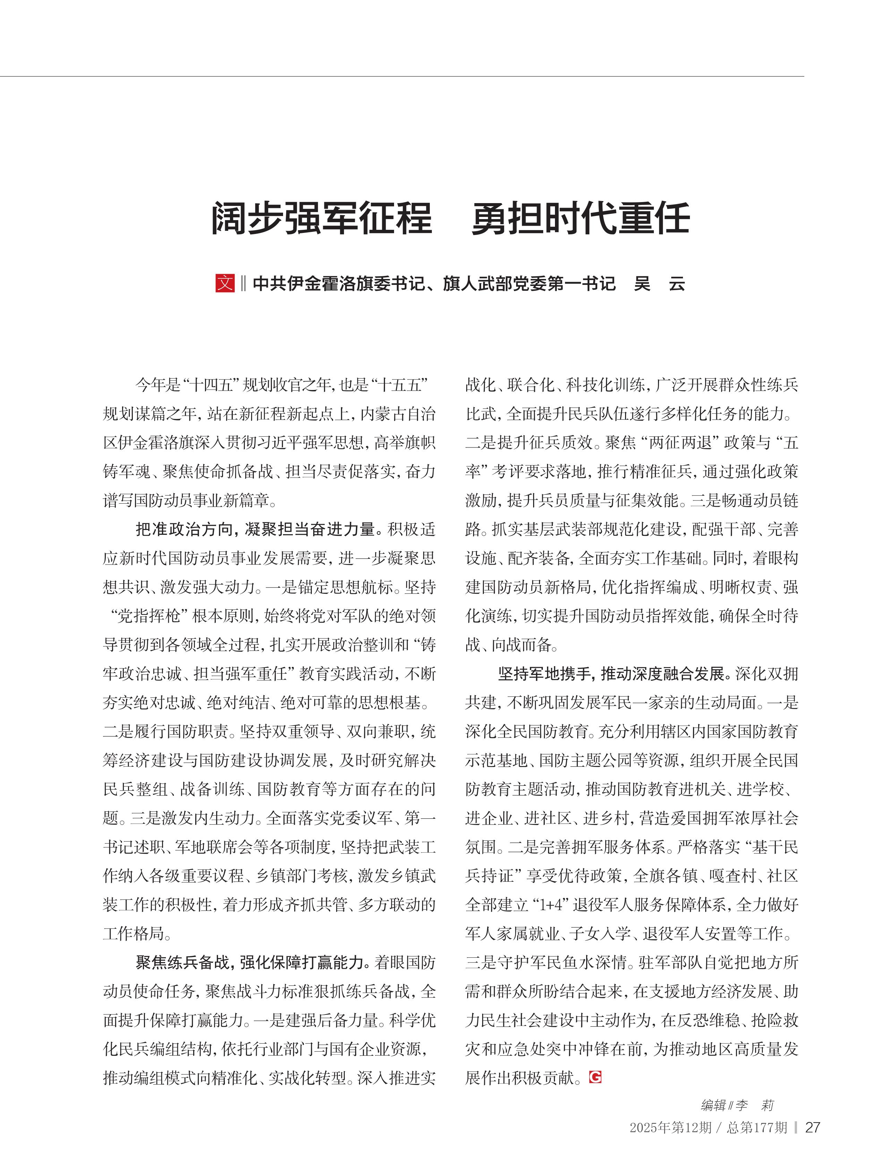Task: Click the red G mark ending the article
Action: (595, 1077)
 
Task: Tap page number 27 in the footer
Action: (812, 1127)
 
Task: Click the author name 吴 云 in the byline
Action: (659, 284)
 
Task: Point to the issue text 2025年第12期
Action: (670, 1128)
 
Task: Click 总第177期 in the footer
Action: (757, 1128)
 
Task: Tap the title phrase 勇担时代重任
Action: (581, 218)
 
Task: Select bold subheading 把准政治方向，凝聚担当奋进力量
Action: (256, 529)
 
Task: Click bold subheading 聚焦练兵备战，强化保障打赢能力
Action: (251, 962)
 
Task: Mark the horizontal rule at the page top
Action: (401, 77)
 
